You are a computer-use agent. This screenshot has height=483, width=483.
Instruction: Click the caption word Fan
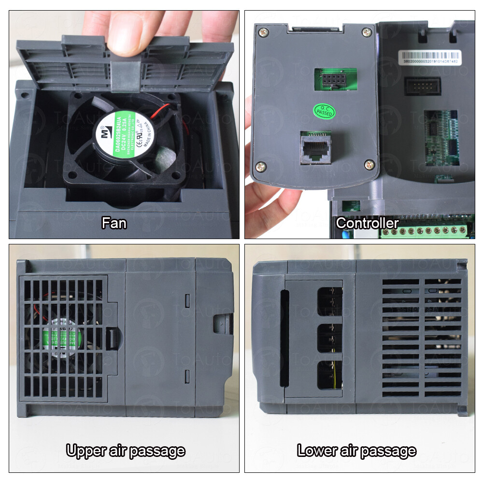pos(114,223)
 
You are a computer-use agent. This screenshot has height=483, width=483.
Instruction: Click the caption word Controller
pos(367,223)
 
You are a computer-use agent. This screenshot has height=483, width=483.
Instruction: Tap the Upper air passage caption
pos(126,451)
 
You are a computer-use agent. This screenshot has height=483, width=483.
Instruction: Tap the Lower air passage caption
pos(356,451)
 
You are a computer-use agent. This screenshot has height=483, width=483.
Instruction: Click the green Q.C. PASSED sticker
pos(323,111)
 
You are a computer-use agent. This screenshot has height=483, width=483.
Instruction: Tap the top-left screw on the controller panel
pos(263,33)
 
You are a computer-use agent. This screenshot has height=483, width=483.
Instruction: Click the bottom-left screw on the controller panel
pos(260,166)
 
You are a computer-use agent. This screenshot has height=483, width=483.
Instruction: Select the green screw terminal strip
pos(425,231)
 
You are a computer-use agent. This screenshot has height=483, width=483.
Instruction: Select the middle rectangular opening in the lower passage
pos(329,339)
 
